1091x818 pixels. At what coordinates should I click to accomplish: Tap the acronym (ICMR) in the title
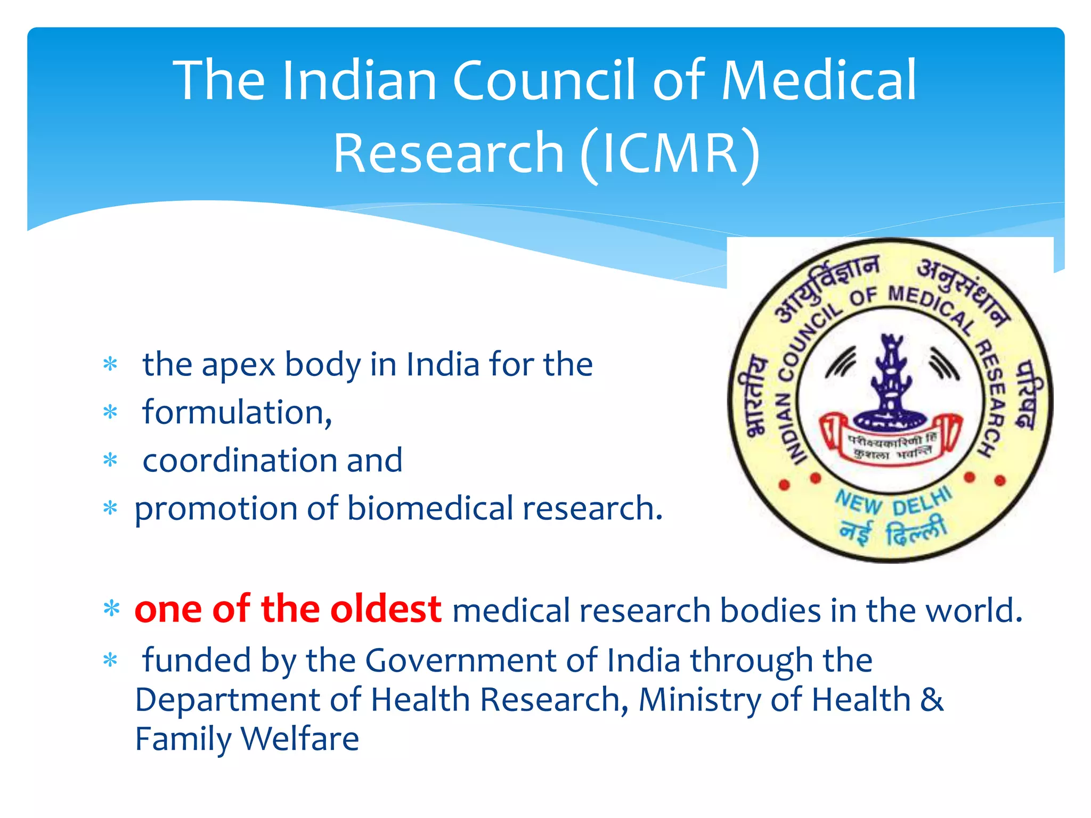tap(670, 153)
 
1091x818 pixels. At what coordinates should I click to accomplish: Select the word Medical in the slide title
tap(818, 81)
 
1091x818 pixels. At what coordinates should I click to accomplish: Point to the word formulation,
tap(237, 413)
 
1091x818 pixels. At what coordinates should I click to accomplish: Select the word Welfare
tap(300, 739)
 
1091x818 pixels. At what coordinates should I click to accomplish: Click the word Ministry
tap(699, 700)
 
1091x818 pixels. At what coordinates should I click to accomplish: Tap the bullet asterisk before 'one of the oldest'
tap(111, 609)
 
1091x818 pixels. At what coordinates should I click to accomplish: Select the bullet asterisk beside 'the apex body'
tap(110, 365)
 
